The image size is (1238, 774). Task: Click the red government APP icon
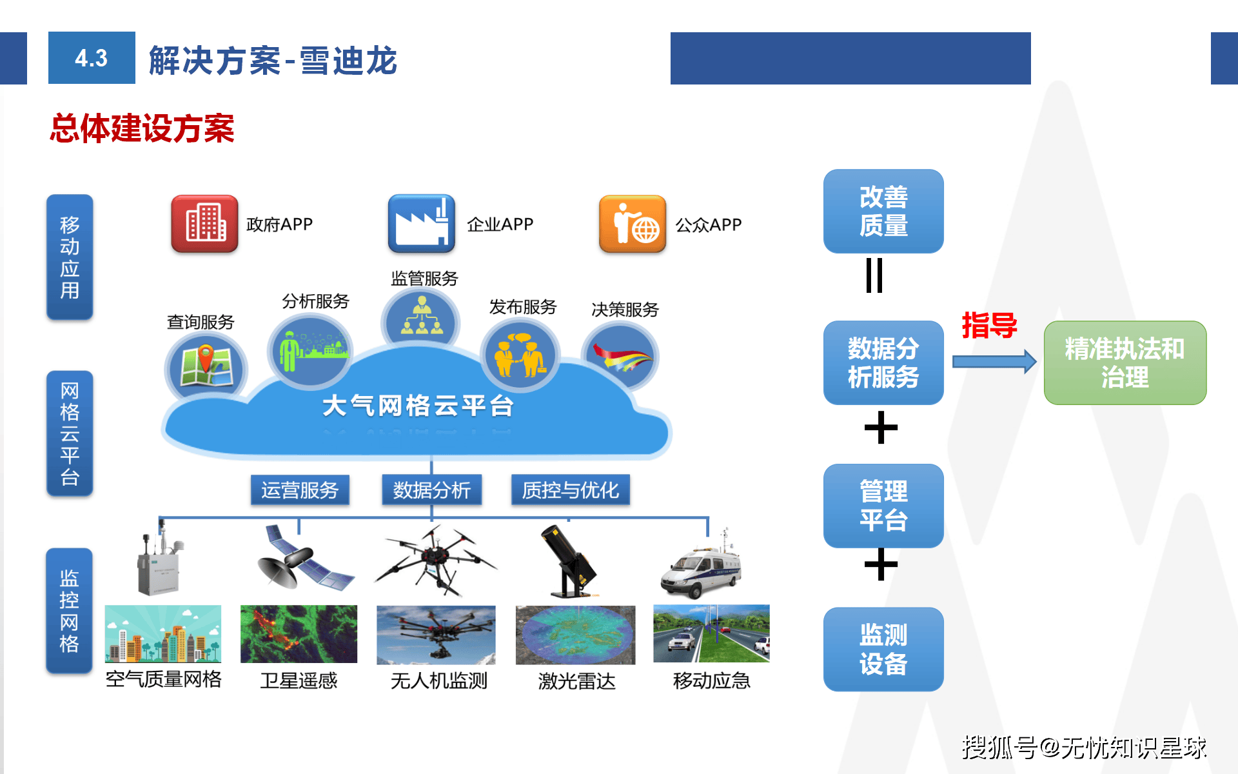click(x=204, y=224)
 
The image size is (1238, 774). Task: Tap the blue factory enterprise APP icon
click(x=421, y=224)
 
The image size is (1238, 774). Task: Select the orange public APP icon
click(x=632, y=224)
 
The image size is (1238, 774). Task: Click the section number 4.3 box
click(x=92, y=58)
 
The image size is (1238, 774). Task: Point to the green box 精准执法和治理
click(x=1125, y=362)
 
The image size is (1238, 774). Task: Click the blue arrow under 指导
click(x=994, y=362)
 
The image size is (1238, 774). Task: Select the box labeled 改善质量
click(x=883, y=211)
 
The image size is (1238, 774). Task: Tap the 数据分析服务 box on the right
click(x=883, y=362)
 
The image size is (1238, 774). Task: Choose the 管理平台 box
click(x=883, y=506)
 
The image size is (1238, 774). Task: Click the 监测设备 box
click(x=883, y=649)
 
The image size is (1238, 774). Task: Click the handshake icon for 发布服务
click(x=520, y=356)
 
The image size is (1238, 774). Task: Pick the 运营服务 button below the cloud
click(x=300, y=490)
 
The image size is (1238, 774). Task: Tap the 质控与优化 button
click(x=570, y=490)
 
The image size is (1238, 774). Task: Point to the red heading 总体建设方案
click(x=142, y=128)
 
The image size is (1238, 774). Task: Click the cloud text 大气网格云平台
click(x=418, y=406)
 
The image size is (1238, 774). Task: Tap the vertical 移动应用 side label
click(x=70, y=257)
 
